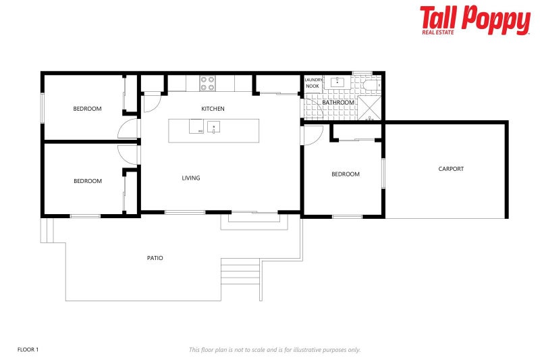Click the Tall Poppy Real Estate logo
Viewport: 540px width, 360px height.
[x=475, y=20]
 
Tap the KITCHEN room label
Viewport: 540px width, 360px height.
[x=213, y=109]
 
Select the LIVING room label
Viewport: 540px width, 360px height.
[x=191, y=178]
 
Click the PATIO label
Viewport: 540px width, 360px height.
[x=155, y=258]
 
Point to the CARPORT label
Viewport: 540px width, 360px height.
[x=451, y=169]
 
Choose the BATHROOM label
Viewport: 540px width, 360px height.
[x=337, y=103]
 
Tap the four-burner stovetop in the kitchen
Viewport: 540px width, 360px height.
[x=207, y=83]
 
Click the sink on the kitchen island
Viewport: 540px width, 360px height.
[x=213, y=127]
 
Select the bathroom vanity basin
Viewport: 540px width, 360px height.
[x=337, y=83]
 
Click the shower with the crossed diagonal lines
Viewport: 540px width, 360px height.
[x=369, y=108]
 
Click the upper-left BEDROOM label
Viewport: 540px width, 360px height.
[x=87, y=109]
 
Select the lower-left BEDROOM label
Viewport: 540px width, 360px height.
[x=87, y=181]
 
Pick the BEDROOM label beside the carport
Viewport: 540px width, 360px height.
[x=345, y=174]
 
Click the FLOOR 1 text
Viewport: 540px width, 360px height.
[x=28, y=349]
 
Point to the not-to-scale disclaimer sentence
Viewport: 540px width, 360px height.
[x=275, y=350]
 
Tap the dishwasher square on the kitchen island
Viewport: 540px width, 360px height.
[x=196, y=126]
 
